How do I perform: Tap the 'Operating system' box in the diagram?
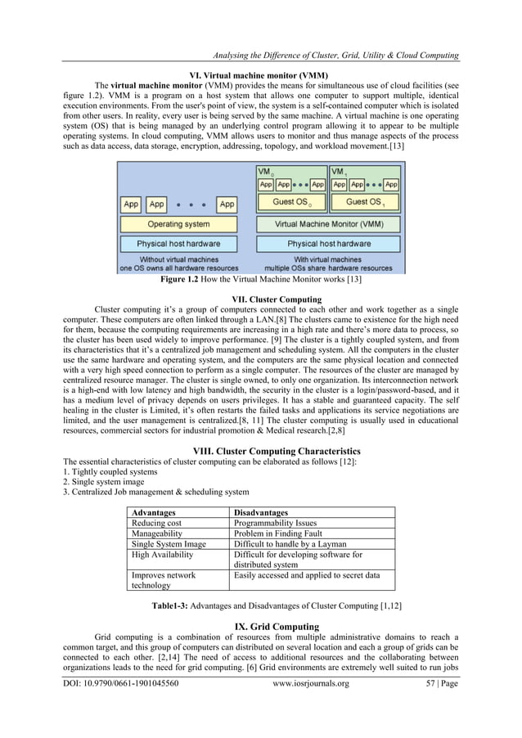[178, 223]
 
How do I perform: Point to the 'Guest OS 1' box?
[366, 202]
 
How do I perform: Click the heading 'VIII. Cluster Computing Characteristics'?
[276, 450]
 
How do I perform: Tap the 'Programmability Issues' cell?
[276, 523]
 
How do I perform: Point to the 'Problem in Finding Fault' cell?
[280, 533]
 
